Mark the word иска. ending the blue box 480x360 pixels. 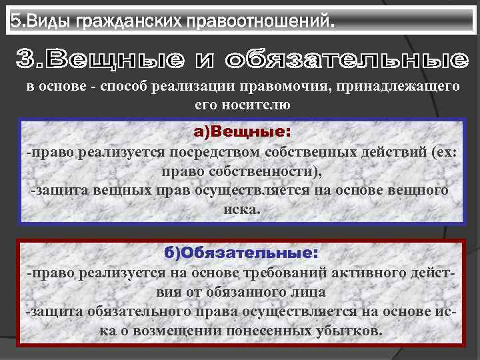242,209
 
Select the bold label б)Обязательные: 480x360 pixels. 241,253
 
